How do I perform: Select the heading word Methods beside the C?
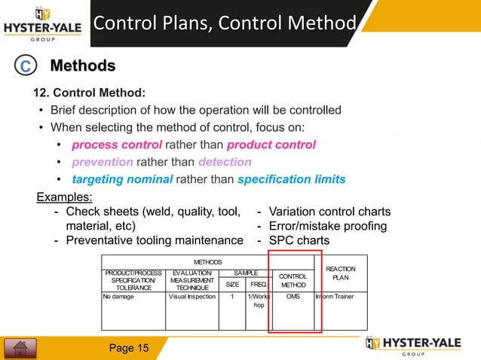[x=82, y=66]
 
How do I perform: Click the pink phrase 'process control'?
[x=117, y=145]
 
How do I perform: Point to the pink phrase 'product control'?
[x=271, y=145]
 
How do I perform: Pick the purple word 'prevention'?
[x=103, y=162]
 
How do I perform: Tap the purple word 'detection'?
[x=225, y=162]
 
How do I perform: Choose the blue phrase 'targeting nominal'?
[x=122, y=179]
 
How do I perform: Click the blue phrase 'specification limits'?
[x=292, y=179]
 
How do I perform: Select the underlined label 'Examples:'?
[x=66, y=197]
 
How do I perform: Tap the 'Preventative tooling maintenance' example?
[x=155, y=241]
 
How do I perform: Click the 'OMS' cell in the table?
[x=294, y=297]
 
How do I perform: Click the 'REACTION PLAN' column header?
[x=342, y=273]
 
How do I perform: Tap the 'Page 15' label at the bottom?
[x=129, y=348]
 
